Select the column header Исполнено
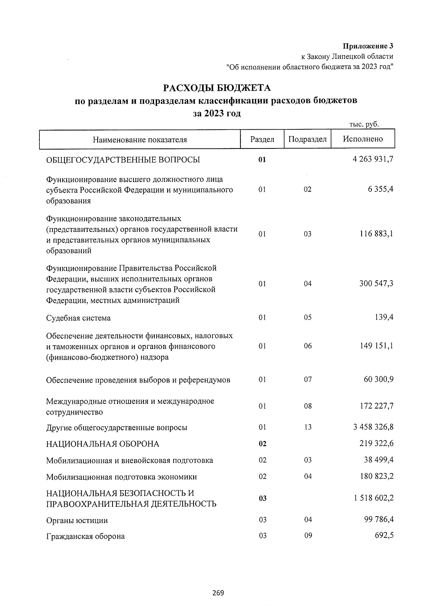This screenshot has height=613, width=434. (x=363, y=139)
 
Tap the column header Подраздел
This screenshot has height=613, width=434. (x=307, y=139)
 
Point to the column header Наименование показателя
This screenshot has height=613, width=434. (x=140, y=140)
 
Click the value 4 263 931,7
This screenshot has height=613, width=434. (x=373, y=159)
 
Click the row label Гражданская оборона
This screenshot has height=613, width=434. (x=85, y=536)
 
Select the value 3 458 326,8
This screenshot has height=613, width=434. (x=373, y=427)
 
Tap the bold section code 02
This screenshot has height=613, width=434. (x=263, y=444)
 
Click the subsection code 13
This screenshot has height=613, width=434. (x=307, y=427)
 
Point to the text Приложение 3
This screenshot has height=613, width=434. (x=368, y=46)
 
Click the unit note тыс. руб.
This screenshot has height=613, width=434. (x=364, y=124)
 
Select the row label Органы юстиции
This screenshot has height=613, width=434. (x=77, y=521)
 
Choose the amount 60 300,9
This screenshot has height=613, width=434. (x=378, y=380)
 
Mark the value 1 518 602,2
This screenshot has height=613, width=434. (x=373, y=498)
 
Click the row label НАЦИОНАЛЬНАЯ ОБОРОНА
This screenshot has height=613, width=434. (x=103, y=444)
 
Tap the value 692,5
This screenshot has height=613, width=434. (x=385, y=536)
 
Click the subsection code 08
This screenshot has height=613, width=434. (x=307, y=406)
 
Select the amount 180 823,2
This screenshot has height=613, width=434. (x=376, y=476)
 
